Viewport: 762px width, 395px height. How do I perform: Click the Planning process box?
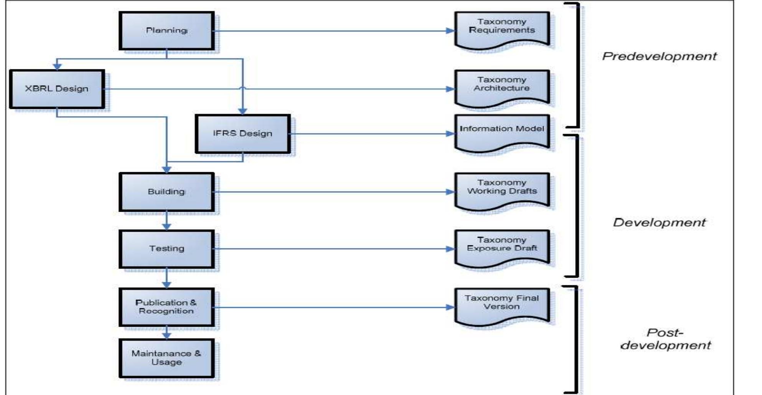coord(167,31)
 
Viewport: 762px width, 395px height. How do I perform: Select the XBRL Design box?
coord(57,89)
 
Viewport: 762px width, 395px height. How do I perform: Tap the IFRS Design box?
coord(242,133)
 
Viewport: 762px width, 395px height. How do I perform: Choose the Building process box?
coord(167,192)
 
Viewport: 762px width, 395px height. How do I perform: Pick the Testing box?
coord(167,249)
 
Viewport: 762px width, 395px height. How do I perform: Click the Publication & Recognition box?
coord(167,307)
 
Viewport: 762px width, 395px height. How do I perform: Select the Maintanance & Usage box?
coord(167,358)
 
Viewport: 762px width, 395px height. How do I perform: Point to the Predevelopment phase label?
coord(659,56)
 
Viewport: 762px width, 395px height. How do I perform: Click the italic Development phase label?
coord(659,222)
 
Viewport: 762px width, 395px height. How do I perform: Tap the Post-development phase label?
coord(666,339)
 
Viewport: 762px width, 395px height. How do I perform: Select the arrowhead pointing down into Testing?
coord(167,226)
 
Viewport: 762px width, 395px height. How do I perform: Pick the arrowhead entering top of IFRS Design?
coord(242,111)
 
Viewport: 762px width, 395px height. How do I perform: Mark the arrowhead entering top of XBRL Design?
coord(57,66)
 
